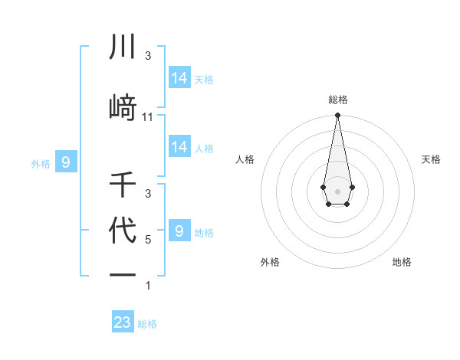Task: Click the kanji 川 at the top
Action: (x=123, y=47)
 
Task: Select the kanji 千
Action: (x=123, y=185)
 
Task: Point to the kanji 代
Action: (x=123, y=231)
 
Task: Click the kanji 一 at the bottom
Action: (x=123, y=274)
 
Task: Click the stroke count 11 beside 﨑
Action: (x=148, y=117)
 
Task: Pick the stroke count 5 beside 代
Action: (x=148, y=239)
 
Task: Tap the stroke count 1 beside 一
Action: (x=148, y=286)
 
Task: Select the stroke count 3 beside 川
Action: (x=148, y=56)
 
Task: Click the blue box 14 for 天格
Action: (x=179, y=77)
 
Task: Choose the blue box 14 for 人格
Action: (x=179, y=147)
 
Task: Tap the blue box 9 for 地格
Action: (x=179, y=231)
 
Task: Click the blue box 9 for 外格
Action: (x=66, y=162)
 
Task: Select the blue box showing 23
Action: (x=123, y=322)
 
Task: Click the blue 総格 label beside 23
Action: (x=147, y=324)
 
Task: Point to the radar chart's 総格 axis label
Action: (x=337, y=100)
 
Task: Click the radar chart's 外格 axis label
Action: (x=270, y=262)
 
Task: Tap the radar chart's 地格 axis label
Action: (x=402, y=262)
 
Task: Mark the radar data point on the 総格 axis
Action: (x=337, y=116)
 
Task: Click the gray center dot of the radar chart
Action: (x=337, y=190)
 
